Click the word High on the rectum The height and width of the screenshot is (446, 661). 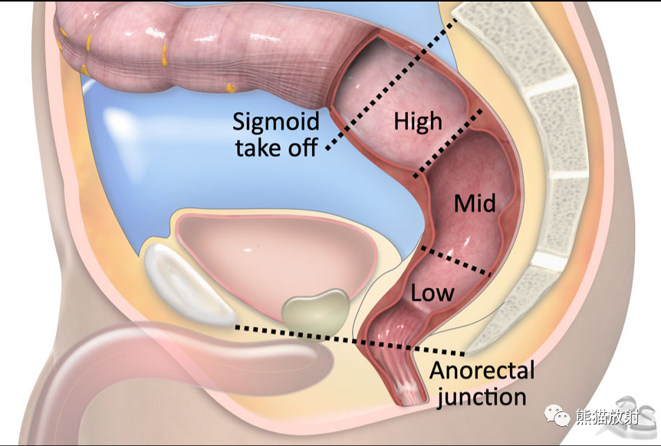(418, 121)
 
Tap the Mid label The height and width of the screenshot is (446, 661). (475, 203)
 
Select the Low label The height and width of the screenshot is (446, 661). (432, 292)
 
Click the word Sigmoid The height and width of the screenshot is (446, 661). (276, 122)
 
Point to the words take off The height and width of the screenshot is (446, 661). (277, 147)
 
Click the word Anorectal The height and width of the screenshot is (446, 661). (482, 371)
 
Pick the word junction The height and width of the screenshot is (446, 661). (482, 397)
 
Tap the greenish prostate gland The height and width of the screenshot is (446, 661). (315, 312)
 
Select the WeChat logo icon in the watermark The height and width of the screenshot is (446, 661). (557, 415)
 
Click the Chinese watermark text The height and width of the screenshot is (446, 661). (607, 417)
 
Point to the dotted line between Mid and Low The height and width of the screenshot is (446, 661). (456, 262)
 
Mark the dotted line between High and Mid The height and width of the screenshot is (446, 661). (449, 143)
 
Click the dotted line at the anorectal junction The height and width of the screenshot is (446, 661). (350, 340)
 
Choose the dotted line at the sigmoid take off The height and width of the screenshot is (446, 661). (392, 84)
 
